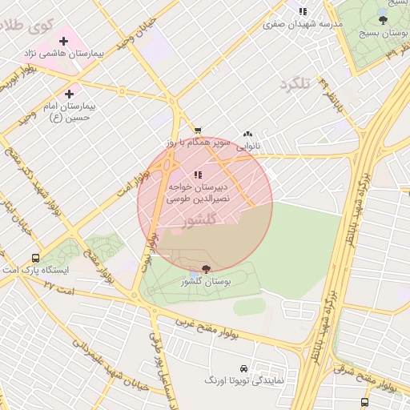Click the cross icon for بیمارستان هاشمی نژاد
pyautogui.click(x=63, y=41)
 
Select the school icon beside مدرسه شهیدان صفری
pyautogui.click(x=303, y=11)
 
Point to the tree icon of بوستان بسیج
pyautogui.click(x=383, y=20)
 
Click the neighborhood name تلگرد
pyautogui.click(x=295, y=83)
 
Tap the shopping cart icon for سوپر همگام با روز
pyautogui.click(x=198, y=131)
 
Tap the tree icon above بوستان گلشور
pyautogui.click(x=206, y=269)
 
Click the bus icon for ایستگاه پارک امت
pyautogui.click(x=35, y=258)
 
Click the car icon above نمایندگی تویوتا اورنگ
pyautogui.click(x=243, y=369)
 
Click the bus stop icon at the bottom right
pyautogui.click(x=365, y=402)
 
